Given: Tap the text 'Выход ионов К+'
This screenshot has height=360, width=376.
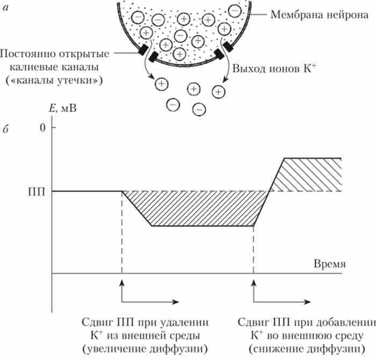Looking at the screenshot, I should (267, 69).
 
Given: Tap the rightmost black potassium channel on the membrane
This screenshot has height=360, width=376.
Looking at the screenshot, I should (228, 47).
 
